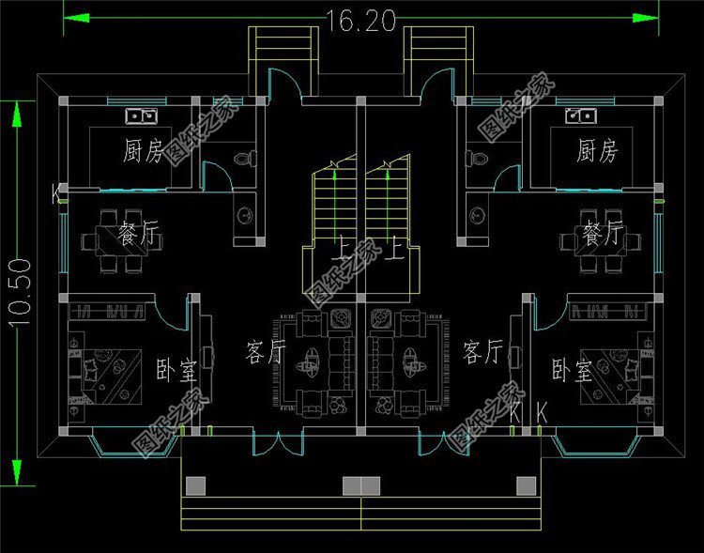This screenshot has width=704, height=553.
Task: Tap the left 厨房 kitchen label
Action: pos(144,150)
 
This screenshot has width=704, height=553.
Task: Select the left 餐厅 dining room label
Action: pos(138,235)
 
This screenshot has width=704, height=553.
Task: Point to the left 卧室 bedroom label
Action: pos(176,370)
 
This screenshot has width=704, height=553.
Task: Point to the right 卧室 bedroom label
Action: pos(572,371)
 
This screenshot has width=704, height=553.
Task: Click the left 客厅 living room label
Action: pos(265,353)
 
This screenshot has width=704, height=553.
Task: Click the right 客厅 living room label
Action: pos(482,353)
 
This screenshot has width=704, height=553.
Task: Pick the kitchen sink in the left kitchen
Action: pos(142,116)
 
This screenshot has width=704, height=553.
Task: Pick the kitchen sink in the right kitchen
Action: pos(579,116)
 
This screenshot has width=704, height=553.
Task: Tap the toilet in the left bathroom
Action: pos(247,159)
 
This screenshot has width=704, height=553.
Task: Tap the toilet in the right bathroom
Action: pos(475,159)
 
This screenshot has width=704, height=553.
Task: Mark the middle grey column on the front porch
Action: pos(360,484)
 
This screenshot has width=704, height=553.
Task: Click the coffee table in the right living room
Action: pos(410,358)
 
